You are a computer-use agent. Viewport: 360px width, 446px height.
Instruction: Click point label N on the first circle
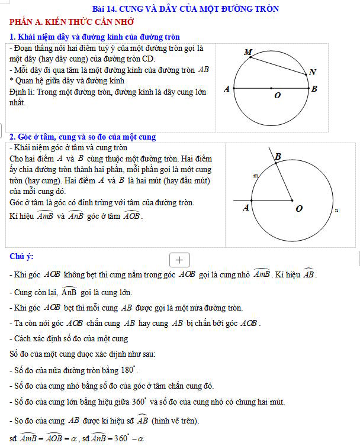[x=313, y=72]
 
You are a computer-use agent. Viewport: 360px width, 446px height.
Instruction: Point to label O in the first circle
[x=277, y=96]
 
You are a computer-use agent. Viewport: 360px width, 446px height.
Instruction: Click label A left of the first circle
[x=226, y=89]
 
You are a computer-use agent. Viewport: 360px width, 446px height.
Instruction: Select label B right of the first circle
[x=314, y=89]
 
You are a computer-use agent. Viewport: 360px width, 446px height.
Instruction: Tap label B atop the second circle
[x=278, y=156]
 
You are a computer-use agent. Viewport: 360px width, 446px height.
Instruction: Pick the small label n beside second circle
[x=336, y=209]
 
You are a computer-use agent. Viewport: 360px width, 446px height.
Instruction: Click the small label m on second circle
[x=256, y=176]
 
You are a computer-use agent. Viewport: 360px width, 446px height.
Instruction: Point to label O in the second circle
[x=298, y=209]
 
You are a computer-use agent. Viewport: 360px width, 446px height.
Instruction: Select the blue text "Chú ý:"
[x=22, y=256]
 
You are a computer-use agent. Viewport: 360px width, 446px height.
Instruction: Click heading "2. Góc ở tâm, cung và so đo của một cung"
[x=83, y=137]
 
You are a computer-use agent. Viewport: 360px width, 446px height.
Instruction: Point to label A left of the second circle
[x=246, y=208]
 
